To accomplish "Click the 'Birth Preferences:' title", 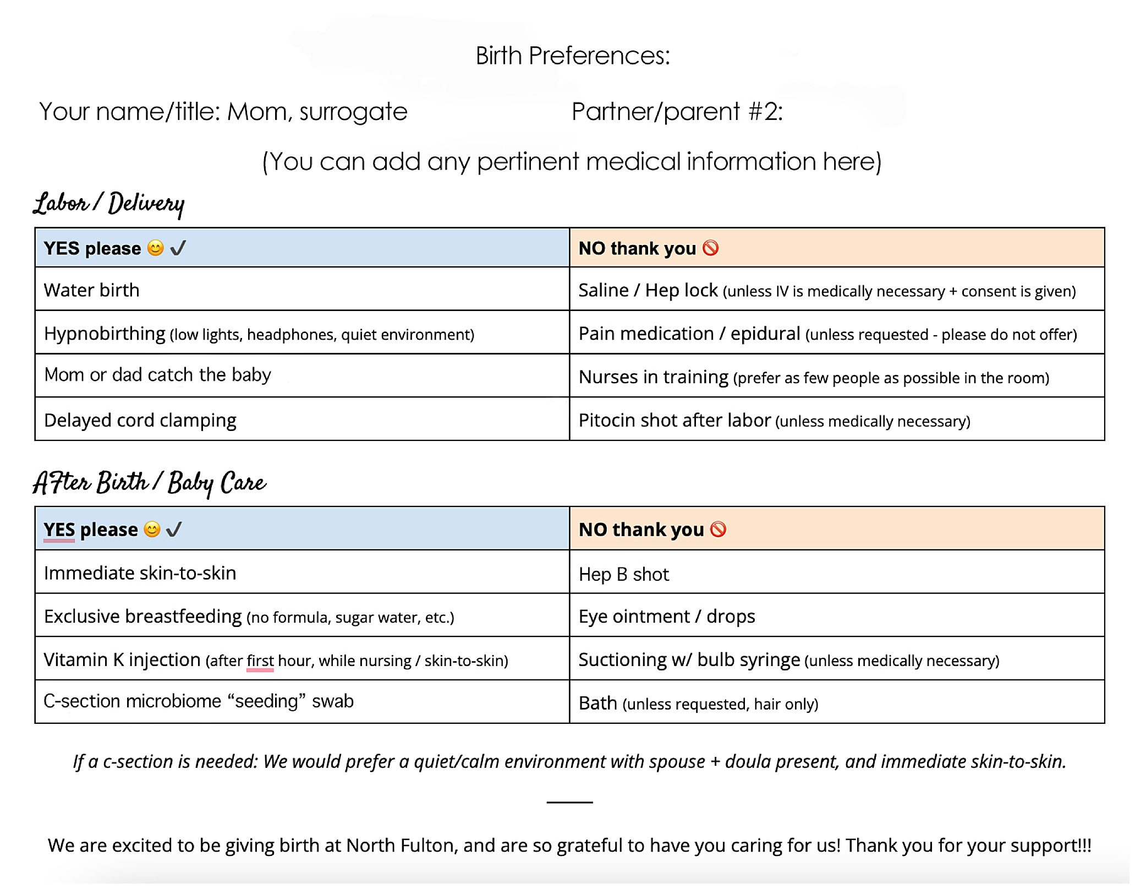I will (x=573, y=56).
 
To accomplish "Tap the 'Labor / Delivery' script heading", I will (x=108, y=204).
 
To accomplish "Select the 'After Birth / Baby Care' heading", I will (x=149, y=483).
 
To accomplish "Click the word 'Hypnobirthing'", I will (x=105, y=334).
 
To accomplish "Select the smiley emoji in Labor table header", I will (x=156, y=248).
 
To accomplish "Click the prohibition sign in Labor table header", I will (x=710, y=248).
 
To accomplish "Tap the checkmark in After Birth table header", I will (x=174, y=530).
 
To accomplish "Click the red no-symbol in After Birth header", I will (x=718, y=530).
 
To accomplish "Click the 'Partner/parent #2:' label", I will (x=677, y=112).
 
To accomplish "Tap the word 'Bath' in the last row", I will (x=597, y=703).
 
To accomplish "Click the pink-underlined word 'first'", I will (x=260, y=661).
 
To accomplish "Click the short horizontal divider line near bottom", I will (x=569, y=802).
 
